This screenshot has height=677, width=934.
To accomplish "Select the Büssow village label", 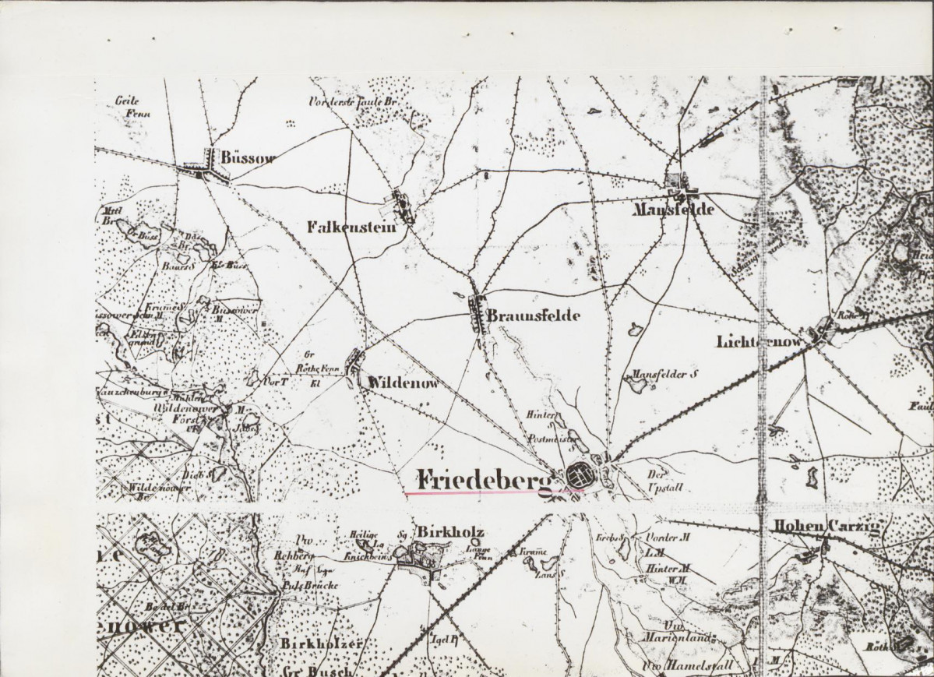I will [248, 157].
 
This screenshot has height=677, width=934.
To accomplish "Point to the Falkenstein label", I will [351, 227].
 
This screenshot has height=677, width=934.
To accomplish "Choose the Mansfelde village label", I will [673, 210].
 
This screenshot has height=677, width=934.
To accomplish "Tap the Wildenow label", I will [404, 383].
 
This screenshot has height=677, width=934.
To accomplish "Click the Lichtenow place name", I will [760, 341].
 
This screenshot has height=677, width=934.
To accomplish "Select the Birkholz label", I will [451, 532].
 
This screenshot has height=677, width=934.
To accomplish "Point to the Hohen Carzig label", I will [825, 527].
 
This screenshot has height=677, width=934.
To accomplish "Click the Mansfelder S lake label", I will [664, 374].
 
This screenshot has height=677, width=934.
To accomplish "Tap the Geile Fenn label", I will [132, 106].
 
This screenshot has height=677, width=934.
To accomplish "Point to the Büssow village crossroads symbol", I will [206, 167].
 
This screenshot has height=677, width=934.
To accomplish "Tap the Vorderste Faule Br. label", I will [347, 101].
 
